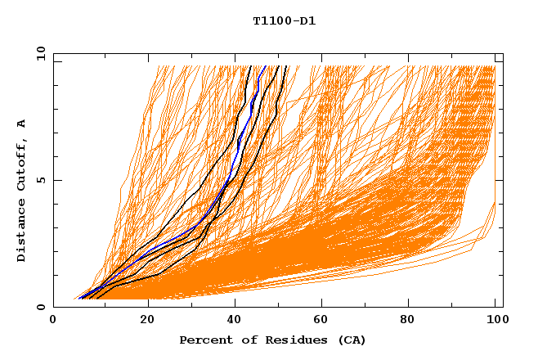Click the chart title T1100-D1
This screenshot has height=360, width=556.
click(x=285, y=20)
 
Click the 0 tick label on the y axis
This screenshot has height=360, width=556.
click(x=40, y=307)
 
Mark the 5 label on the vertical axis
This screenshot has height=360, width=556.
click(x=40, y=179)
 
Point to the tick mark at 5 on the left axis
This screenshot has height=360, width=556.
click(x=56, y=180)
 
